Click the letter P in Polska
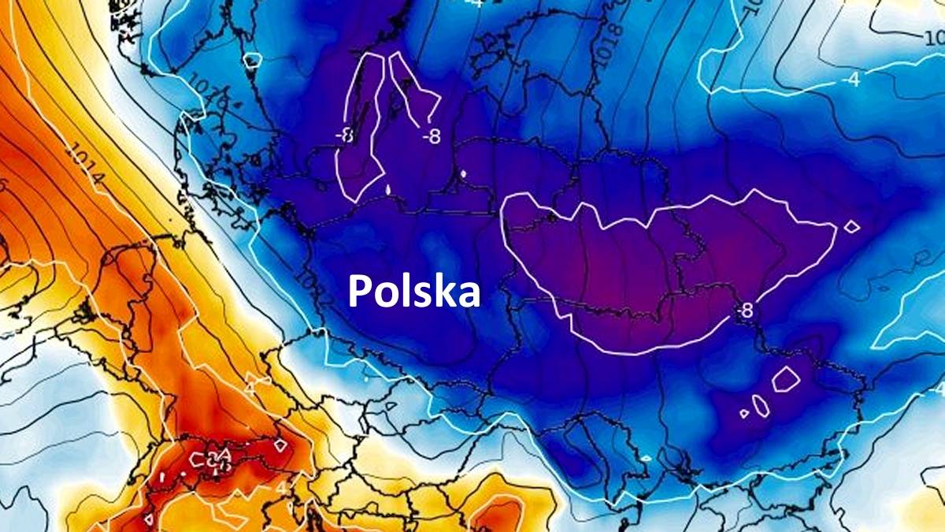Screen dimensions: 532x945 pyautogui.click(x=360, y=291)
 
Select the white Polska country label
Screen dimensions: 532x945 pyautogui.click(x=413, y=291)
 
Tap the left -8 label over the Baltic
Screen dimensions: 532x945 pyautogui.click(x=344, y=135)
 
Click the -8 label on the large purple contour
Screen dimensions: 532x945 pyautogui.click(x=743, y=311)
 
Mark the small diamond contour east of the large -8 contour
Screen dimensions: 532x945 pyautogui.click(x=851, y=227)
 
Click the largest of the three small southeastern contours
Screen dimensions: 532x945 pyautogui.click(x=785, y=379)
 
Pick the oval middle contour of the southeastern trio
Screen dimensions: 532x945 pyautogui.click(x=760, y=404)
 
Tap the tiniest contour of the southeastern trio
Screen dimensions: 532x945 pyautogui.click(x=744, y=413)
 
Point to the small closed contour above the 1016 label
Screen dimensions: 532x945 pyautogui.click(x=252, y=60)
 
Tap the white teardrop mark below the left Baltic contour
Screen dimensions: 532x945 pyautogui.click(x=390, y=189)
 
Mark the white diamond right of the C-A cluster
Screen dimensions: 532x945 pyautogui.click(x=280, y=445)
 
